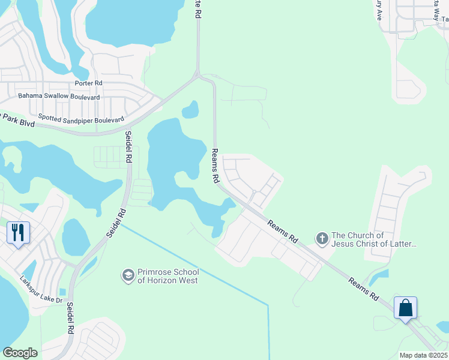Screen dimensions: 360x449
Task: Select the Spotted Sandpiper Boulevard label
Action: [81, 119]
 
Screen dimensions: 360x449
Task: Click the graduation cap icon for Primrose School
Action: [127, 275]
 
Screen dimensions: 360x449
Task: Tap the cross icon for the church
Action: [322, 239]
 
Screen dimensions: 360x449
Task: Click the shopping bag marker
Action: [406, 308]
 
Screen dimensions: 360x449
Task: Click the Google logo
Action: [20, 353]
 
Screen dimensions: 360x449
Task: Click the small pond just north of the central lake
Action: [190, 109]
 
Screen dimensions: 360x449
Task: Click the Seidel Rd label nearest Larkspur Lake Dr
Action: [70, 319]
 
